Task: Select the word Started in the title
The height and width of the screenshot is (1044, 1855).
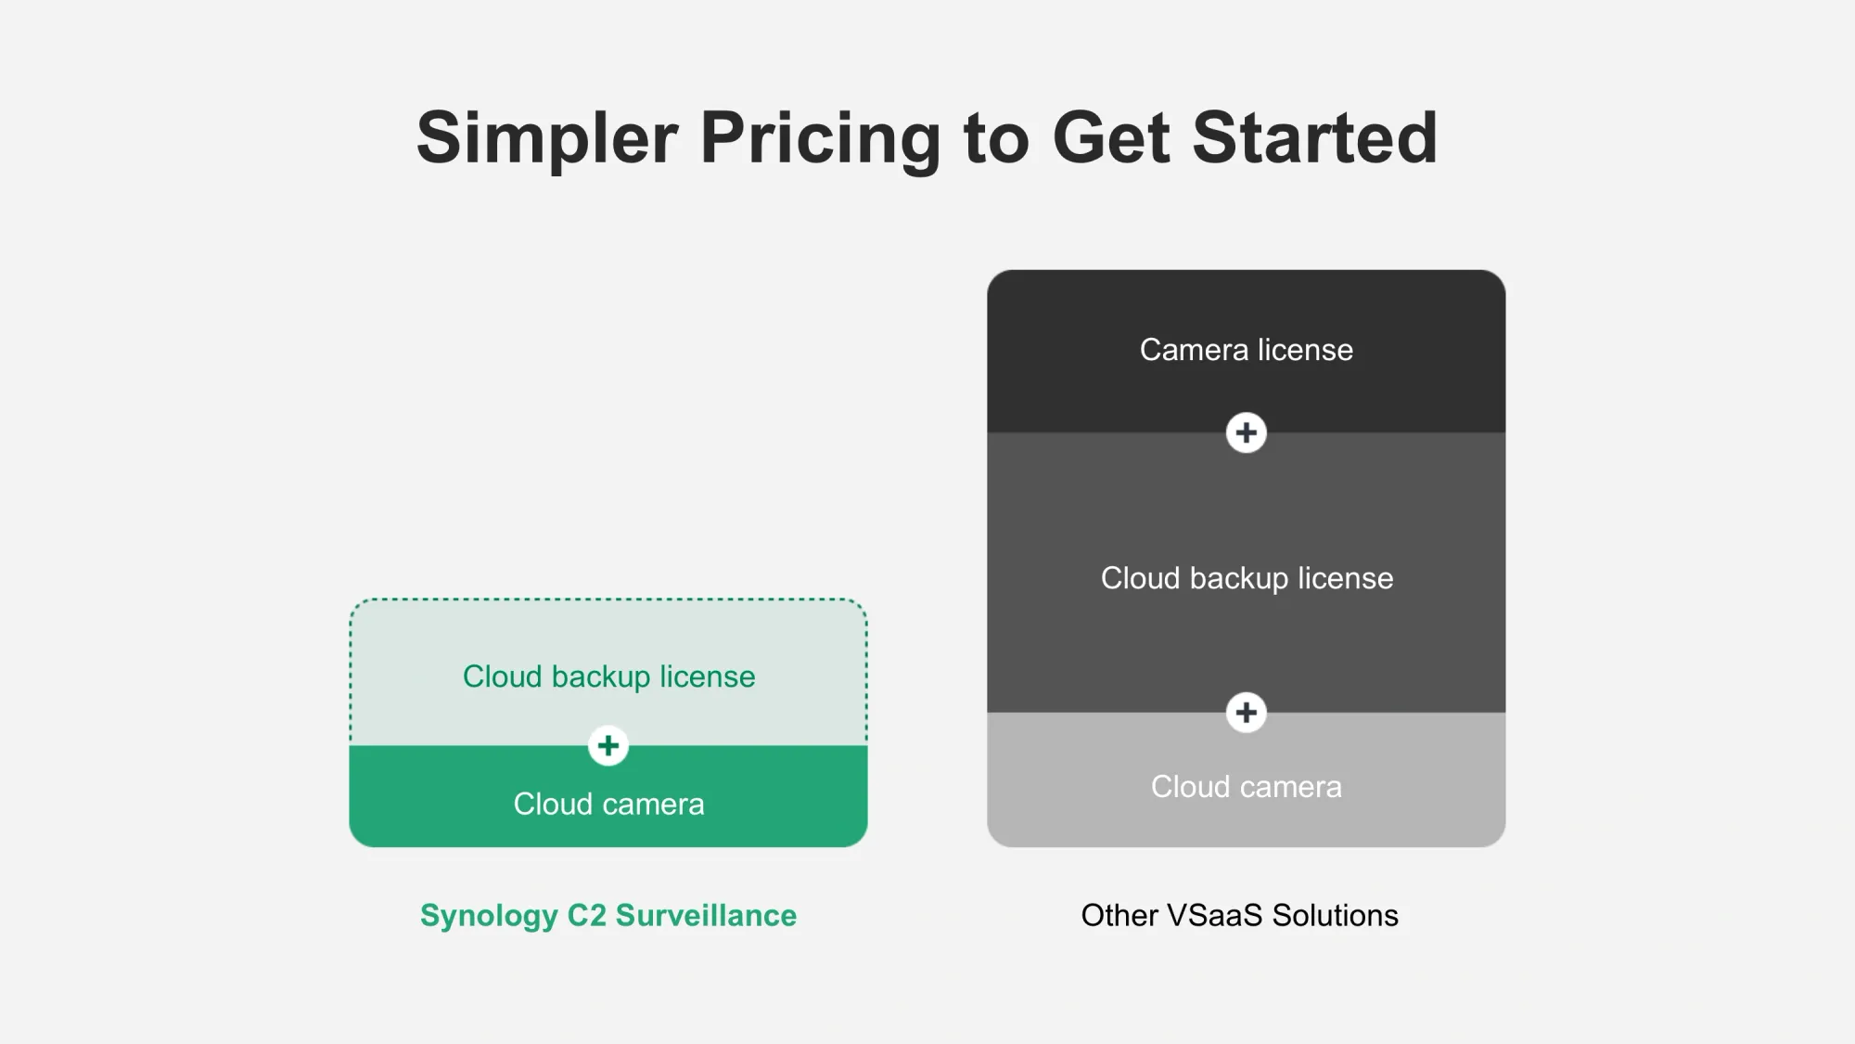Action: tap(1315, 137)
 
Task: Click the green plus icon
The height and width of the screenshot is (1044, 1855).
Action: tap(608, 746)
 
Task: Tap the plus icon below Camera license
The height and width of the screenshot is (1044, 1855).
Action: tap(1247, 432)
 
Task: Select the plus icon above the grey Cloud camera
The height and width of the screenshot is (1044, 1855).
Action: tap(1247, 713)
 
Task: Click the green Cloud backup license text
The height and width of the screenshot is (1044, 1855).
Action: tap(609, 677)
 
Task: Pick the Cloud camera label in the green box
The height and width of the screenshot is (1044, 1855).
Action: tap(609, 804)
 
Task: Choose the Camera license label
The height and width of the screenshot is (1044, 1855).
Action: tap(1247, 350)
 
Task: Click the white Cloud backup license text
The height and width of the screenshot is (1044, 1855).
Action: tap(1247, 578)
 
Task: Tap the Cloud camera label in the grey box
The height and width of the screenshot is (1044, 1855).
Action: tap(1247, 787)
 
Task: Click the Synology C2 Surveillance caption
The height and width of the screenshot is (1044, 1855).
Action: tap(608, 916)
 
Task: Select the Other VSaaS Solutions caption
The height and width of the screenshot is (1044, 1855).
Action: tap(1239, 915)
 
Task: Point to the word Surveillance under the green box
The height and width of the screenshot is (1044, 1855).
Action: tap(706, 915)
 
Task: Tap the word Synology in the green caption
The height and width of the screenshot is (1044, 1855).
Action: tap(489, 916)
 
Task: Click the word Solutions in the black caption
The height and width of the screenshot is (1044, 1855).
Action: tap(1336, 915)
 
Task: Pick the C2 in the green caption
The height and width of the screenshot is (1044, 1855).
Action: tap(587, 915)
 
